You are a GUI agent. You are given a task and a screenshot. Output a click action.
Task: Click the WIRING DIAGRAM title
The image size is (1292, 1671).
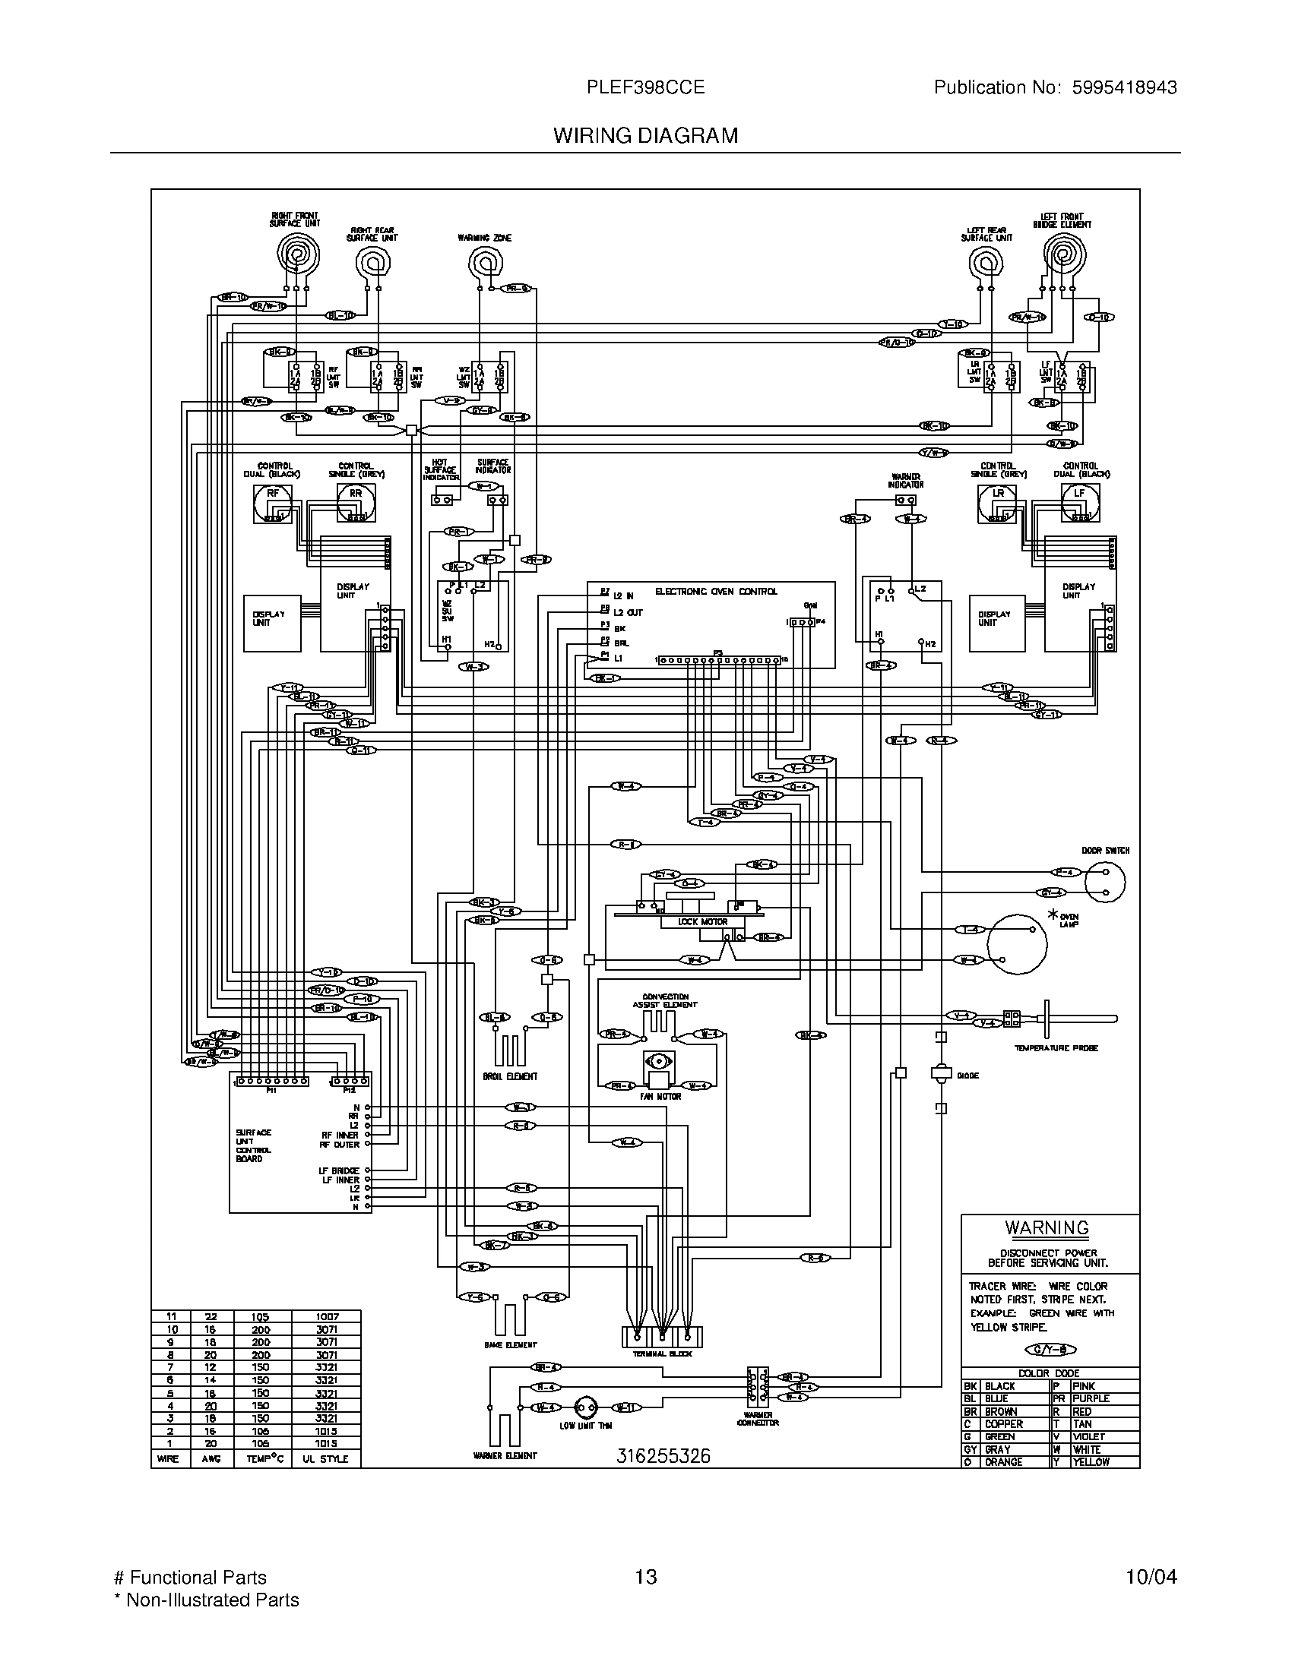coord(645,135)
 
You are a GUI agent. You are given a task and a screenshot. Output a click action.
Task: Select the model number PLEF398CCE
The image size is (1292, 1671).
coord(645,87)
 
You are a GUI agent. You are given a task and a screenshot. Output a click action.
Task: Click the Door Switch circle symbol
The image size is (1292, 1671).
coord(1106,883)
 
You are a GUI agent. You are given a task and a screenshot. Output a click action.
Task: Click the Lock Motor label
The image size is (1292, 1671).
coord(703,921)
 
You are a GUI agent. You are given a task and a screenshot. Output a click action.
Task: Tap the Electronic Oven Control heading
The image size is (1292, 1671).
coord(716,592)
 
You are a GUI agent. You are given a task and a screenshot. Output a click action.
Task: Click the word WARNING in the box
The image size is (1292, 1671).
coord(1047,1228)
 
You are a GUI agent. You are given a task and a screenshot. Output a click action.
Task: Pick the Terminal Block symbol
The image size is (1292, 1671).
coord(662,1338)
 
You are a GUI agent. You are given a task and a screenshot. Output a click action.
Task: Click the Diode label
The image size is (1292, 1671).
coord(967,1076)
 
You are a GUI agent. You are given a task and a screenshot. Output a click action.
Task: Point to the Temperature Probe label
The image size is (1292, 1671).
coord(1056,1048)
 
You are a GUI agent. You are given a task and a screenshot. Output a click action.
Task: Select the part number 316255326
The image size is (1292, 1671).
coord(663,1456)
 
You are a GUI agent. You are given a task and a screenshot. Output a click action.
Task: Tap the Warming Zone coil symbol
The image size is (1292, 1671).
coord(485,265)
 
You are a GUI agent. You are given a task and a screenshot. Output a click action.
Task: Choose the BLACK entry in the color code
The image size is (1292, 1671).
coord(999,1386)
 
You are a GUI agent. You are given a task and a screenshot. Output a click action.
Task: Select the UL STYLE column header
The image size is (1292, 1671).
coord(325,1459)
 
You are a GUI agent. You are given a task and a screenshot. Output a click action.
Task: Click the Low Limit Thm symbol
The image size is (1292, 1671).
coord(585,1407)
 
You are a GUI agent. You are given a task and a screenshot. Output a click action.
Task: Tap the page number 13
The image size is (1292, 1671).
coord(646,1577)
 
